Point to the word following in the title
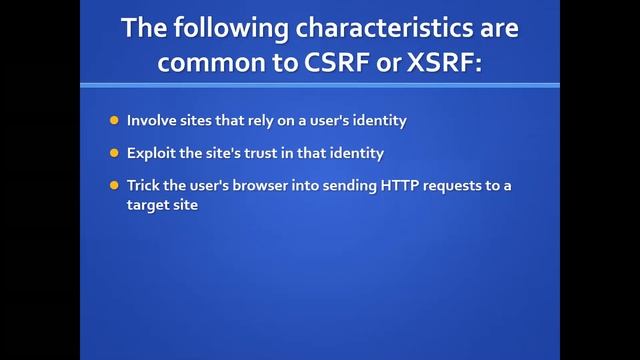(x=220, y=27)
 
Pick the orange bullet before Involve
(x=114, y=121)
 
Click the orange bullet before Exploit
(x=114, y=154)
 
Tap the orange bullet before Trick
(x=114, y=186)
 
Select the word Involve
(x=150, y=121)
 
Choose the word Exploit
(x=150, y=154)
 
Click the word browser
(x=246, y=186)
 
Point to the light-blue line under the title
(x=319, y=85)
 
